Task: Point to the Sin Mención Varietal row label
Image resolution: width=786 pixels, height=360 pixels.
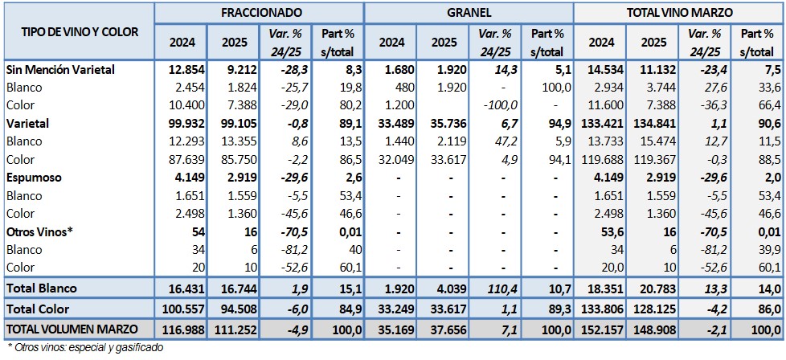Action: (x=60, y=70)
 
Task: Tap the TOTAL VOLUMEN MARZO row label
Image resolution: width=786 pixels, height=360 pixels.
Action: (x=71, y=329)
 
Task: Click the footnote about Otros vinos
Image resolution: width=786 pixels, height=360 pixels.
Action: (x=85, y=348)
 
